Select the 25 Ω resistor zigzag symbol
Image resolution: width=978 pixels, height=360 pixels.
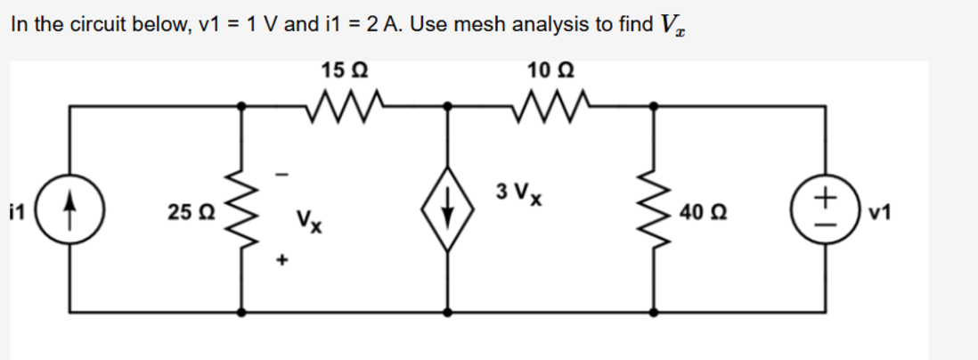pos(242,212)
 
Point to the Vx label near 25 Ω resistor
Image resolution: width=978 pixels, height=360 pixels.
pos(310,217)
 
